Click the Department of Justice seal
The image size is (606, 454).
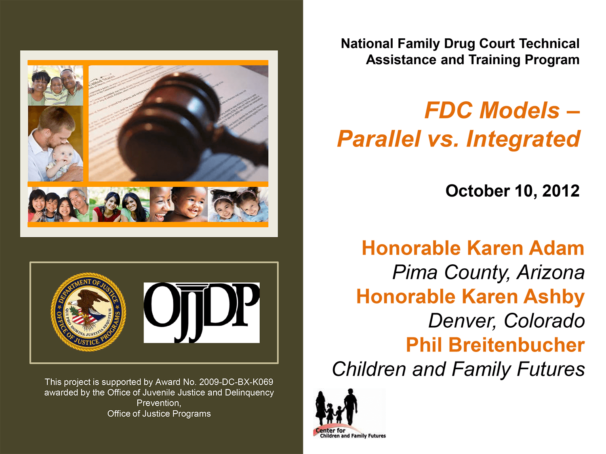[88, 312]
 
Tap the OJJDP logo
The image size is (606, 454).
[202, 312]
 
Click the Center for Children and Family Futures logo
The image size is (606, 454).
[350, 414]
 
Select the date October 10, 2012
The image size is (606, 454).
[512, 191]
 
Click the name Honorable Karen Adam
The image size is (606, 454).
[473, 248]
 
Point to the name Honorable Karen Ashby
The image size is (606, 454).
[470, 297]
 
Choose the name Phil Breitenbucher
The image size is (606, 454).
[495, 345]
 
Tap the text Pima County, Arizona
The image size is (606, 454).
[488, 272]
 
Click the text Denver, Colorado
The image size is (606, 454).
[506, 321]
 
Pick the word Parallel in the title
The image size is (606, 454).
[379, 139]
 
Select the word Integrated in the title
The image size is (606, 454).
[523, 139]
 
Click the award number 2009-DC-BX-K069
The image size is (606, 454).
[236, 382]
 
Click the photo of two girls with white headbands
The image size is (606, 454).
[238, 205]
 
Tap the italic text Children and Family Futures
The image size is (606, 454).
[458, 369]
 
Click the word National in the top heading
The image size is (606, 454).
[367, 44]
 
